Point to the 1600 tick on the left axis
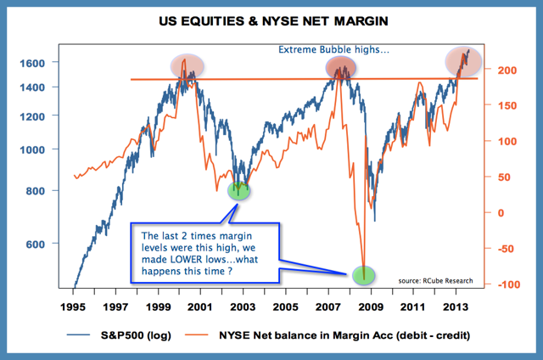click(45, 63)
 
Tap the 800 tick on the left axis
click(48, 191)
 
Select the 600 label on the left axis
click(48, 244)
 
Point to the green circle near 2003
click(240, 189)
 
